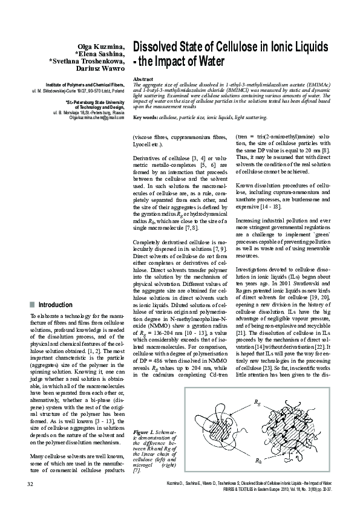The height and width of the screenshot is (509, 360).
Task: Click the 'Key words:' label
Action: click(x=145, y=117)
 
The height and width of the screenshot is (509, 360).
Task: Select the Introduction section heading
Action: click(x=55, y=305)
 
